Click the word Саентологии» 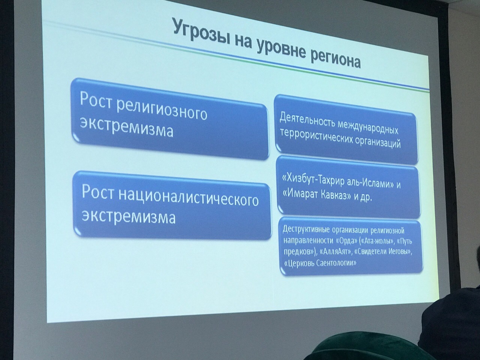336,263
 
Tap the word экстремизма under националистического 129,216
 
